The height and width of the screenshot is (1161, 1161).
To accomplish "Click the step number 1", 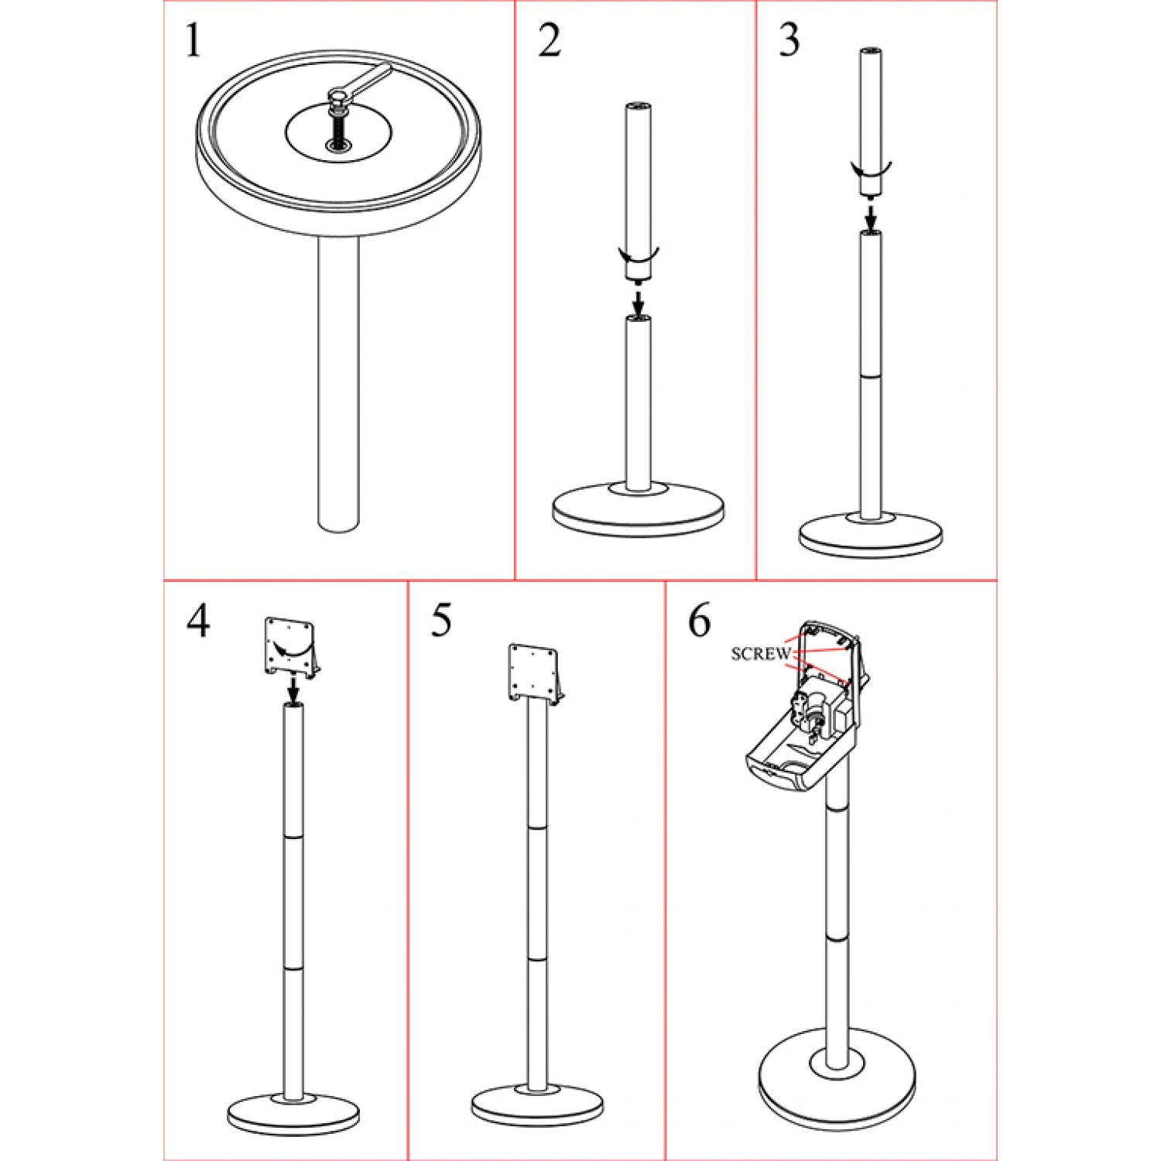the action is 193,41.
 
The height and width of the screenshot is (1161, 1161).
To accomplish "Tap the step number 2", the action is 550,41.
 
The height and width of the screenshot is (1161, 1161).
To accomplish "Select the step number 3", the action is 789,41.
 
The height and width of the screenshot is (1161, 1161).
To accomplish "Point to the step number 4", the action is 198,621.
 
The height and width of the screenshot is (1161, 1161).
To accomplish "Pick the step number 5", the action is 442,621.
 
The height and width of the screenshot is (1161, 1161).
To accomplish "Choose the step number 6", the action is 700,621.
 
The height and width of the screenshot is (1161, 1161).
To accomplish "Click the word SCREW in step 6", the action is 761,654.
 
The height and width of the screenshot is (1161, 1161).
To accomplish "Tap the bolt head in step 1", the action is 338,98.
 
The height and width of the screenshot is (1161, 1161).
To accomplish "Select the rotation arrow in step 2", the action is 638,254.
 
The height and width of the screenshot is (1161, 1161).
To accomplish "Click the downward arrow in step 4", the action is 293,686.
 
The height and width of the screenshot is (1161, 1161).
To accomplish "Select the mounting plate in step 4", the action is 293,647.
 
